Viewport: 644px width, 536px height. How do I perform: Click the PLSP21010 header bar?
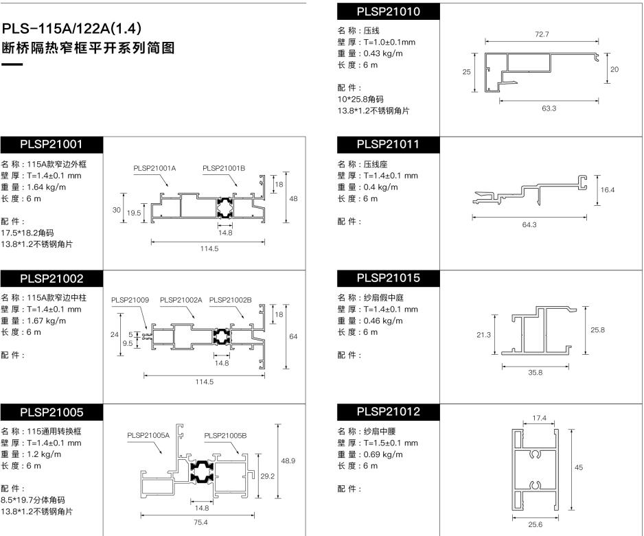pos(388,12)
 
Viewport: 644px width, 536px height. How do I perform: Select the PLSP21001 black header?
pos(51,145)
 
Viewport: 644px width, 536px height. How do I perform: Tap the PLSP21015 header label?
pos(388,278)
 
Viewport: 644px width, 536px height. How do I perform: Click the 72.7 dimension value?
pos(542,34)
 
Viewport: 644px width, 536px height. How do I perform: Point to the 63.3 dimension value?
pos(549,108)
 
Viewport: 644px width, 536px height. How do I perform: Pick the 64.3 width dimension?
pos(529,225)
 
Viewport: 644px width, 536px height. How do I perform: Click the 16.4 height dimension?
pos(608,189)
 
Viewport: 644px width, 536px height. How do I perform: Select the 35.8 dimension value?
pos(535,373)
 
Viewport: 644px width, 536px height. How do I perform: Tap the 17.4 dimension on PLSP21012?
pos(539,418)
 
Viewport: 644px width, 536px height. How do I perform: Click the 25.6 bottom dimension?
pos(535,524)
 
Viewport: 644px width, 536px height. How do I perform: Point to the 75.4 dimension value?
pos(200,522)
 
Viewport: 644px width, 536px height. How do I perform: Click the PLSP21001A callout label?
pos(154,168)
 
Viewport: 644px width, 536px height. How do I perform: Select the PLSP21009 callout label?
pos(130,300)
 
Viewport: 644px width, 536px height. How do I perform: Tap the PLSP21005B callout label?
pos(225,435)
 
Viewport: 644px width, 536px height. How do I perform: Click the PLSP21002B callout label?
pos(231,300)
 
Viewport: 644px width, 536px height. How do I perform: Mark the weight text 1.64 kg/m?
pos(47,187)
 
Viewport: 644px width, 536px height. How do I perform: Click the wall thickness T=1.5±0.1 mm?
pos(391,443)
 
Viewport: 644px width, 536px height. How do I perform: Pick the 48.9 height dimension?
pos(288,461)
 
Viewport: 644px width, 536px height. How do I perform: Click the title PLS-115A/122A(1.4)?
pos(71,28)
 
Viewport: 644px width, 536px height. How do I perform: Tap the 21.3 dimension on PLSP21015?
pos(483,335)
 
